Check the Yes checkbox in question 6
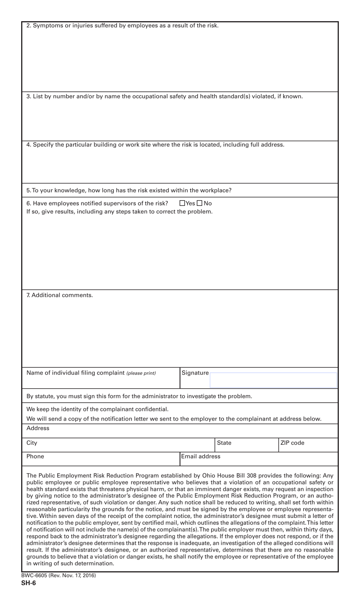182,203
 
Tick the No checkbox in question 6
200,203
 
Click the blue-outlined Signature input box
273,380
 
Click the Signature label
195,373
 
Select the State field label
224,443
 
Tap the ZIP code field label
292,443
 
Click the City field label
32,443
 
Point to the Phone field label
35,457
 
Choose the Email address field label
200,457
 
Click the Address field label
38,428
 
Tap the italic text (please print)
141,373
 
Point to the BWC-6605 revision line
59,576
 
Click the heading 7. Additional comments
59,295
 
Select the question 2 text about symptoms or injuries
122,26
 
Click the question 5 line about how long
129,190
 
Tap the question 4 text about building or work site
155,144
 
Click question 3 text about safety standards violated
164,96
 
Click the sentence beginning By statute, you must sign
139,396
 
